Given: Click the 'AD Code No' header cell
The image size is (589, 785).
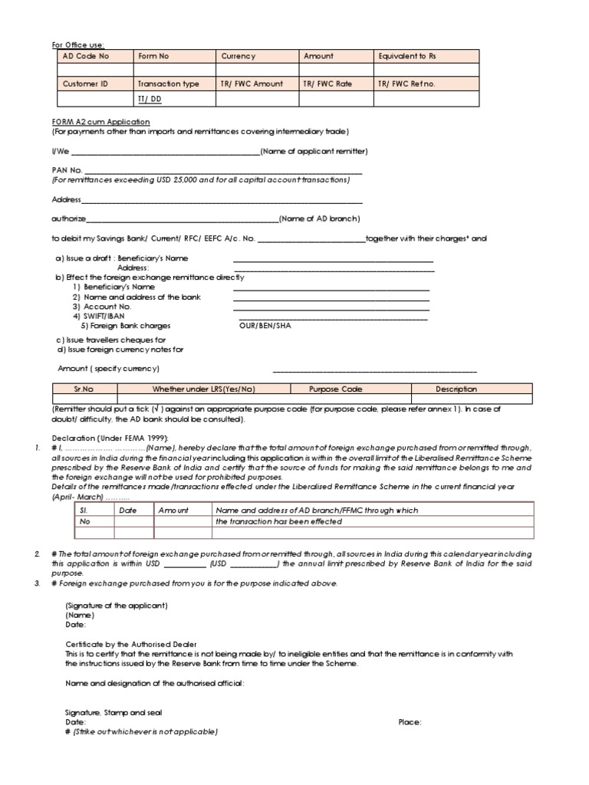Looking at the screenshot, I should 86,56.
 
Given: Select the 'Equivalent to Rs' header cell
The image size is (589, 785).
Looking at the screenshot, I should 407,56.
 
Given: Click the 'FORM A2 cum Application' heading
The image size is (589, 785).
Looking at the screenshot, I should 100,122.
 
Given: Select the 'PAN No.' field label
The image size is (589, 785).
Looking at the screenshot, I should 67,170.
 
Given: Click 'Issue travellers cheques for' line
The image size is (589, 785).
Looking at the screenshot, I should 110,340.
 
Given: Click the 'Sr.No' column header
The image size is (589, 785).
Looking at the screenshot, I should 84,389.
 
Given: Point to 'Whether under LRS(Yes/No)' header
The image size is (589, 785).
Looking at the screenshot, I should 203,389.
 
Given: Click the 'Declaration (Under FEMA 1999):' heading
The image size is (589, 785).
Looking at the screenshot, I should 105,437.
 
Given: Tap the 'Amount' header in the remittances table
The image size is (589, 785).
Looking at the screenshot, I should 173,509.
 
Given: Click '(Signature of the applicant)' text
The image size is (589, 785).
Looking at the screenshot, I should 117,605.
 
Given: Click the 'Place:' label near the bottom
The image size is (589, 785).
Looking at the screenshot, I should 410,722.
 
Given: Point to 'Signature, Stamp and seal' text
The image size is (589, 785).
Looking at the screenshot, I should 114,712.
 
